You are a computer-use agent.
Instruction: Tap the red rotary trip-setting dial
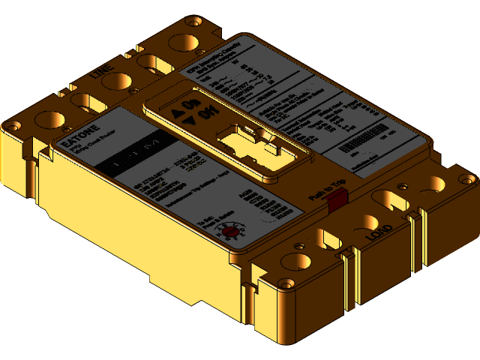coord(230,232)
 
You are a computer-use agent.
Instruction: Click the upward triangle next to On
coord(178,114)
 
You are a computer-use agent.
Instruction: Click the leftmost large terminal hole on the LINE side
coord(49,119)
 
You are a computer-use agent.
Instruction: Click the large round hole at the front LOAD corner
coord(295,263)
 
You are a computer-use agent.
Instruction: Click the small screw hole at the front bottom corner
coord(286,283)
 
